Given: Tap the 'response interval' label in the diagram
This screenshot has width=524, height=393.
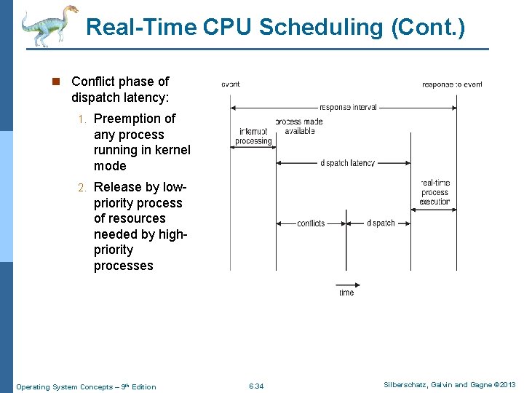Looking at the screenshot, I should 348,107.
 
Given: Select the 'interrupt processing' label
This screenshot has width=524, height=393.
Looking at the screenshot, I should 253,136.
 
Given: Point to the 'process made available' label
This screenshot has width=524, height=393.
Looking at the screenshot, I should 299,126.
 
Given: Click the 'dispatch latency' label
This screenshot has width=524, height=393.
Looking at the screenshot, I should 347,163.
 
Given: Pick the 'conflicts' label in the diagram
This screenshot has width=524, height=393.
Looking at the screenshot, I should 311,223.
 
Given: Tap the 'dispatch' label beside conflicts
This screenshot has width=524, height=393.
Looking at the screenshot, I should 381,223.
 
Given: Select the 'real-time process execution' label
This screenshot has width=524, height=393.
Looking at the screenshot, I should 434,192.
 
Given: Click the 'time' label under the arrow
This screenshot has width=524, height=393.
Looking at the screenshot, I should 346,293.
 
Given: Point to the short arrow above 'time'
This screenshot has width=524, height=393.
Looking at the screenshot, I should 345,284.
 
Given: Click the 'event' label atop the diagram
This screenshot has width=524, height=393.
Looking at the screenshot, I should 230,84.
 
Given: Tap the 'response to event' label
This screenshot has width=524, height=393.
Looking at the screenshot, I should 452,84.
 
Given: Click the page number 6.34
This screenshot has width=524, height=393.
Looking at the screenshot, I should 256,386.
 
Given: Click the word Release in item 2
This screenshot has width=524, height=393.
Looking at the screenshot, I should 116,187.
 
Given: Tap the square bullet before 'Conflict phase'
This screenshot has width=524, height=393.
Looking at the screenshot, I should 57,82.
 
